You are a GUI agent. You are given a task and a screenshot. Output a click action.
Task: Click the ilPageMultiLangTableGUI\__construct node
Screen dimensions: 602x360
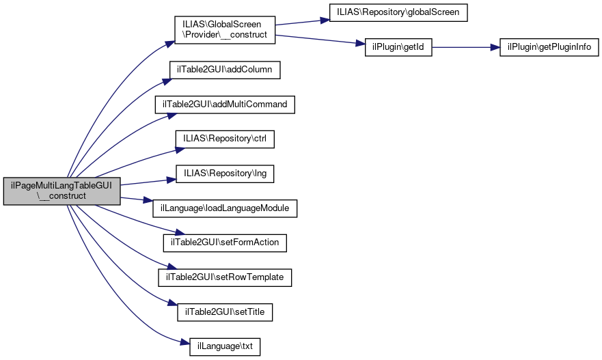tap(61, 191)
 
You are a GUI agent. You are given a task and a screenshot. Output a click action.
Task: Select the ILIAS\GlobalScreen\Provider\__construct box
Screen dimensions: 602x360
tap(225, 30)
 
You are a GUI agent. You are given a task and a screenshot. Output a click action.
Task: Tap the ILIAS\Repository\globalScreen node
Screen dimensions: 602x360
tap(398, 13)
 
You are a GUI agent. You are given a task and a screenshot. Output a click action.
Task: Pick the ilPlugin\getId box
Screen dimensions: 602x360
tap(398, 47)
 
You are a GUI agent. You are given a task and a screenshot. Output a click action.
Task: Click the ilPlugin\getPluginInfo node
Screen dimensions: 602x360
tap(549, 47)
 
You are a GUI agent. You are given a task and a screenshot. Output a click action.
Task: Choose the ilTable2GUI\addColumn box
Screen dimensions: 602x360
tap(225, 70)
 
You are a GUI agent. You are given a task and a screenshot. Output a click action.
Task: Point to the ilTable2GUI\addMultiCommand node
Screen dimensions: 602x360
tap(225, 105)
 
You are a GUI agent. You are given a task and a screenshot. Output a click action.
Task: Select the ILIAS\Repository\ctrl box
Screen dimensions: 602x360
tap(225, 139)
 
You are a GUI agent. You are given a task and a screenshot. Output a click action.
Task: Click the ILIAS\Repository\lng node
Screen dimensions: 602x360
tap(225, 174)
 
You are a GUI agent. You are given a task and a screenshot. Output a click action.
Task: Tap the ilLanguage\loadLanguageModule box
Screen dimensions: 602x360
tap(225, 208)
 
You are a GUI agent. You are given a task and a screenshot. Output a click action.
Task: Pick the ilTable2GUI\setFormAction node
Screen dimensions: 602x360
tap(225, 243)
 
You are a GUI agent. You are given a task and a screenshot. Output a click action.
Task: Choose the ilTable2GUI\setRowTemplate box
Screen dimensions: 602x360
tap(225, 277)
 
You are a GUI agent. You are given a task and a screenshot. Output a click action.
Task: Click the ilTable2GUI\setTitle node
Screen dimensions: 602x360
tap(225, 312)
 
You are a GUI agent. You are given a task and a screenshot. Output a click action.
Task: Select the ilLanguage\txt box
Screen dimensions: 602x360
tap(225, 346)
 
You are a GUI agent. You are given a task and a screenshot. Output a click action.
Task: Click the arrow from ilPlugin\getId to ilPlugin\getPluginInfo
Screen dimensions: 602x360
tap(466, 47)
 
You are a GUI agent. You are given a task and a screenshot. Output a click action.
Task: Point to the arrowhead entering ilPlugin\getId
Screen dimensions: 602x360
tap(361, 44)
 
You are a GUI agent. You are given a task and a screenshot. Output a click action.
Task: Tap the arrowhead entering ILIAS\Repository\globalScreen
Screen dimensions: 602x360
tap(325, 20)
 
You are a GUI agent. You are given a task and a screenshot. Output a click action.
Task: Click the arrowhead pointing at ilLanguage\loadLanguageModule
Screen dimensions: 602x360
tap(148, 200)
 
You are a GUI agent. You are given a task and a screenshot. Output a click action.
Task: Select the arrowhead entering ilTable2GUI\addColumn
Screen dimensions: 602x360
tap(167, 81)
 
